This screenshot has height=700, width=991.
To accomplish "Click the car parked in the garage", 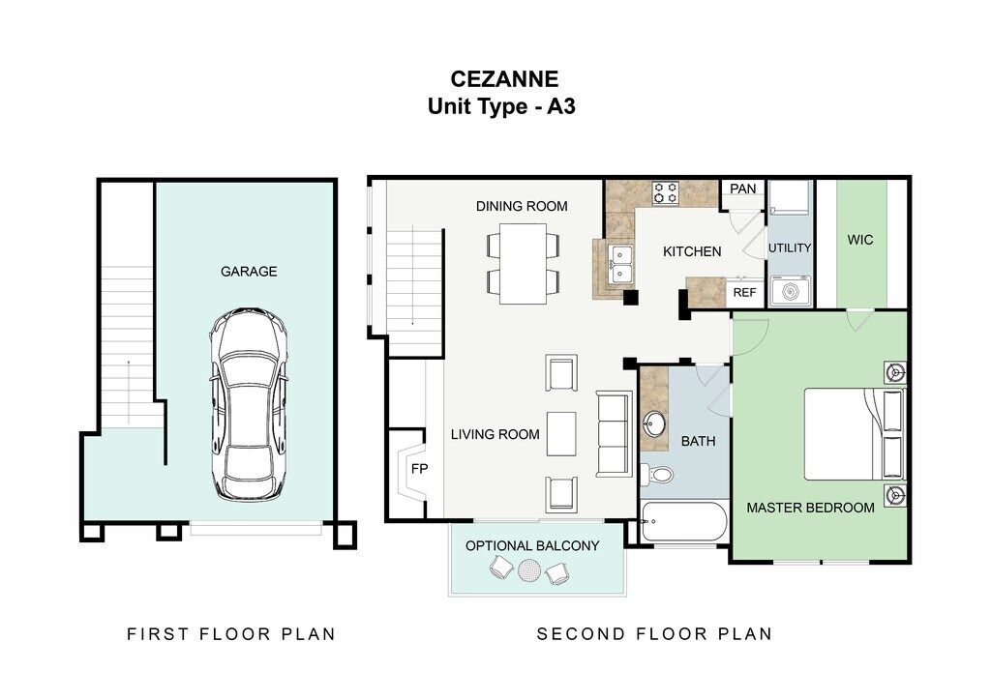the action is click(249, 404).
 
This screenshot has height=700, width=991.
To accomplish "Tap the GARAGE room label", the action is click(249, 272).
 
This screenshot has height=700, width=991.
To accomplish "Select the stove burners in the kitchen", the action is click(666, 193).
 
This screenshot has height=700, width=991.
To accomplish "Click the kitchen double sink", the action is click(620, 265).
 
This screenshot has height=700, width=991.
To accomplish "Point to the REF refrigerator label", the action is click(744, 292).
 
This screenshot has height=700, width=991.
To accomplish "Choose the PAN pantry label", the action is click(742, 189).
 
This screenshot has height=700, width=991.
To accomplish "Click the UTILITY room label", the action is click(790, 248).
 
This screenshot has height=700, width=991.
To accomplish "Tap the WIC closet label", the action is click(860, 240).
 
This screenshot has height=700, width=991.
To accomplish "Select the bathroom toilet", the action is click(656, 474).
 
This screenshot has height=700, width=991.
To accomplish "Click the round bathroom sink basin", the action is click(655, 423).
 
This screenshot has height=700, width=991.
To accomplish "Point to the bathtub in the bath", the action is click(684, 521).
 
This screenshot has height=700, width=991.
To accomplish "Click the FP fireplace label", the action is click(420, 468).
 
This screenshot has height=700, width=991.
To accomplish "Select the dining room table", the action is click(524, 263).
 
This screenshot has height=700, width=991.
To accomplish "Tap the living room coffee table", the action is click(561, 434).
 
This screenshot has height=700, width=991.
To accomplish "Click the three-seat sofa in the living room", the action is click(615, 434).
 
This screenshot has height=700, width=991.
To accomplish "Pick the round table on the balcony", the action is click(529, 571).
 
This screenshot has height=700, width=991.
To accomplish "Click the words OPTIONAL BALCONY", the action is click(532, 546).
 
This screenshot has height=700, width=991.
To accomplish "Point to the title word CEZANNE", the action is click(504, 79).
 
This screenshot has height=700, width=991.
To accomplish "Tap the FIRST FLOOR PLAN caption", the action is click(231, 633).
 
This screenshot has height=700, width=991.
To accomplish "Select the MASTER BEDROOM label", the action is click(810, 508).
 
